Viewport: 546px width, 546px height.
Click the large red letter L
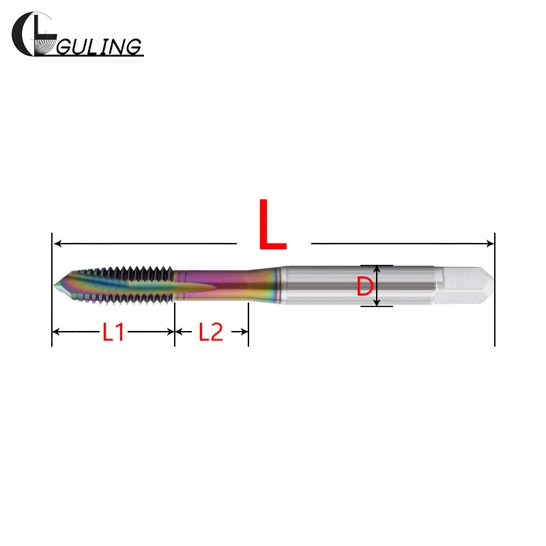pyautogui.click(x=272, y=225)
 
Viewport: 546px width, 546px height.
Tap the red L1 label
pyautogui.click(x=113, y=332)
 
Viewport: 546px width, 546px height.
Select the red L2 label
pyautogui.click(x=211, y=332)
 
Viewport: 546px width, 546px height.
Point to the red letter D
pyautogui.click(x=364, y=287)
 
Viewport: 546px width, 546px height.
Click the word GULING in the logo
pyautogui.click(x=99, y=46)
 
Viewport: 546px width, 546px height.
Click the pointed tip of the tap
pyautogui.click(x=55, y=285)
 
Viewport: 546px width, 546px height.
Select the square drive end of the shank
pyautogui.click(x=465, y=285)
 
